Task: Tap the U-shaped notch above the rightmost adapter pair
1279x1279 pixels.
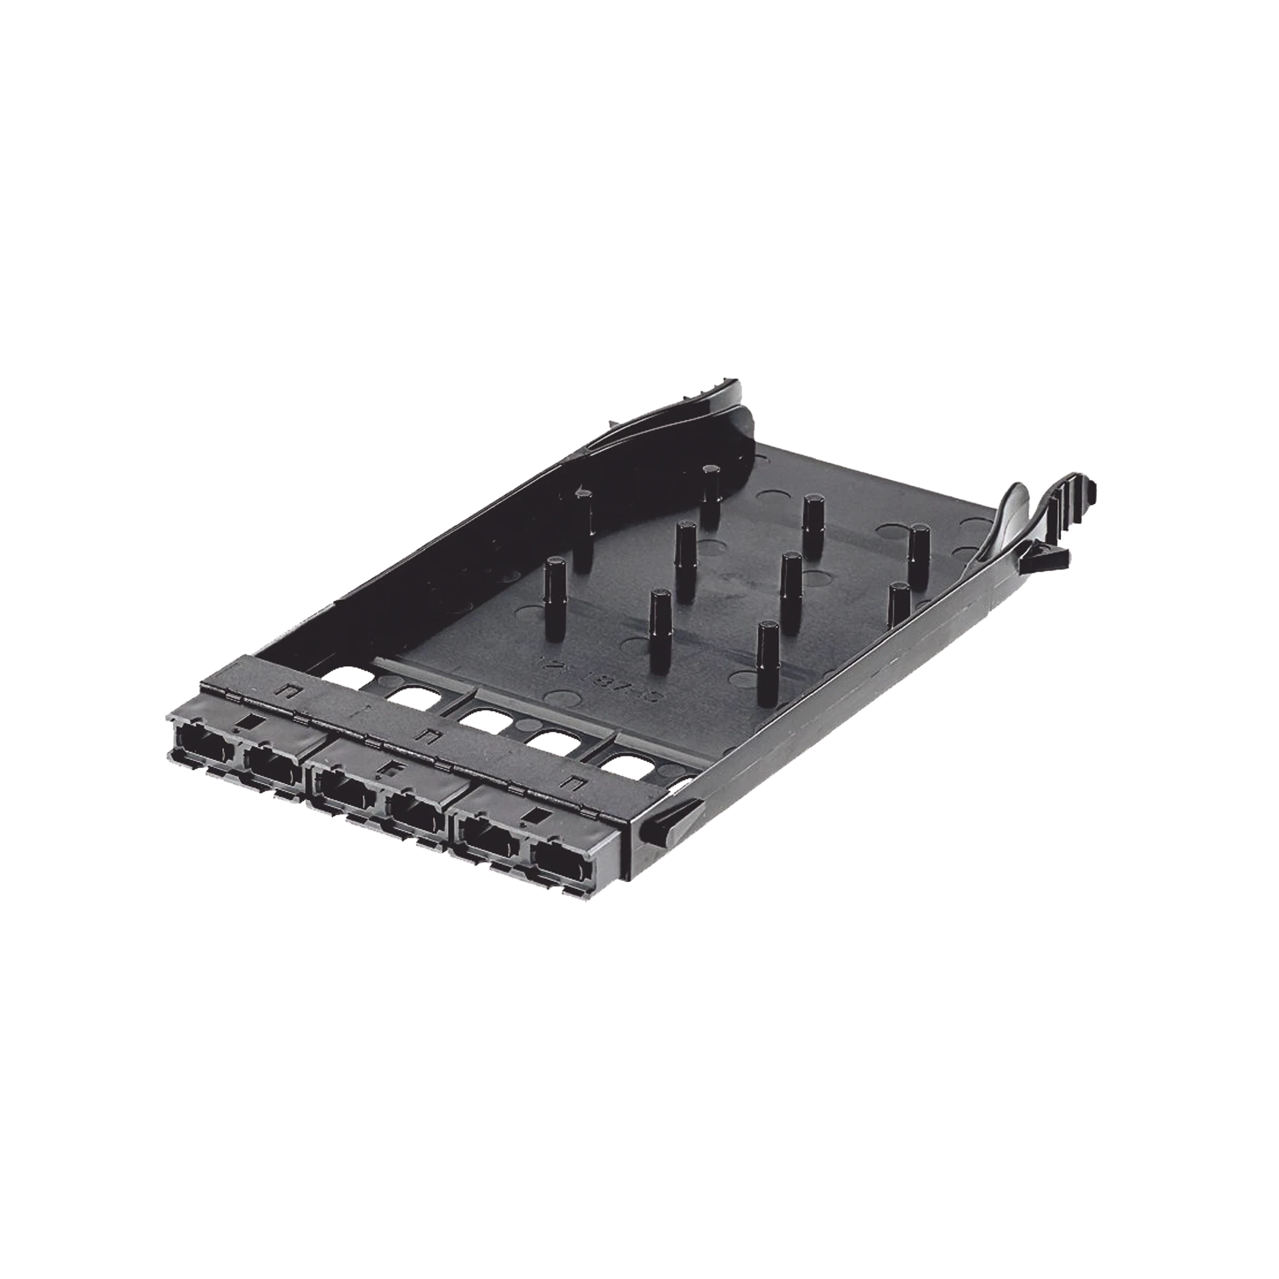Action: [574, 785]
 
